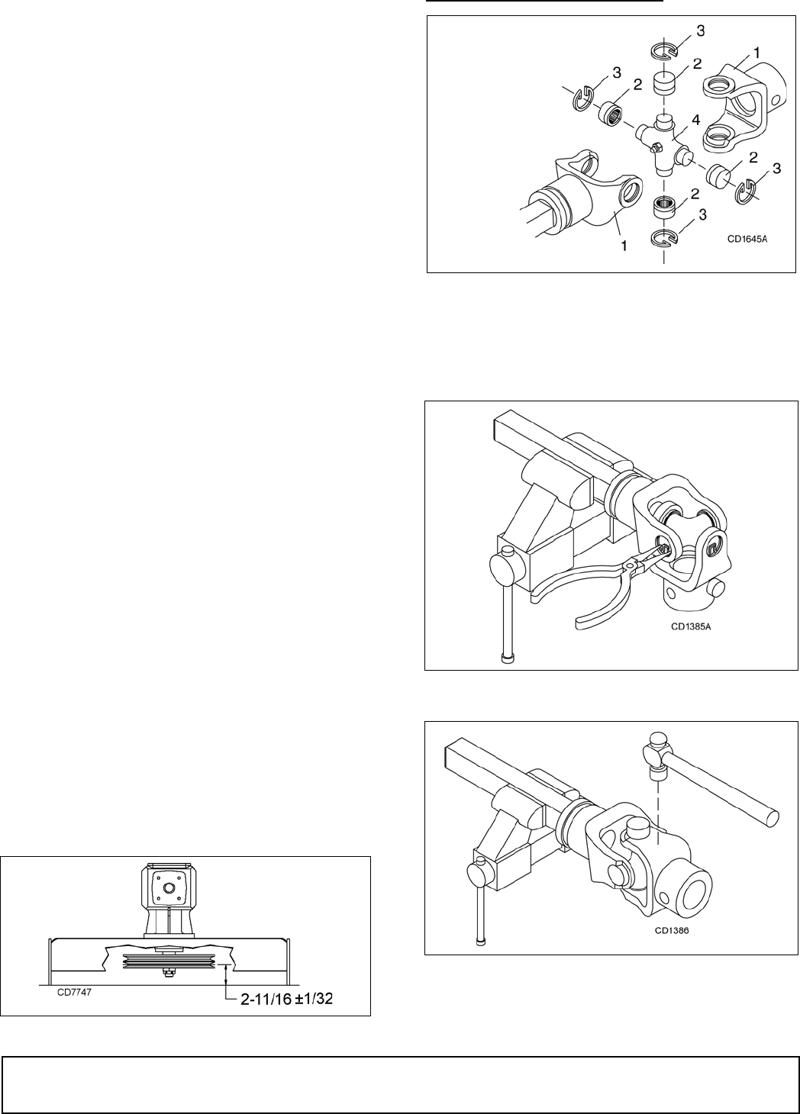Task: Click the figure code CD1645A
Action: pyautogui.click(x=747, y=238)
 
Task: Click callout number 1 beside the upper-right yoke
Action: pyautogui.click(x=756, y=51)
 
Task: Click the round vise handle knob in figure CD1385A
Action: pyautogui.click(x=499, y=568)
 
